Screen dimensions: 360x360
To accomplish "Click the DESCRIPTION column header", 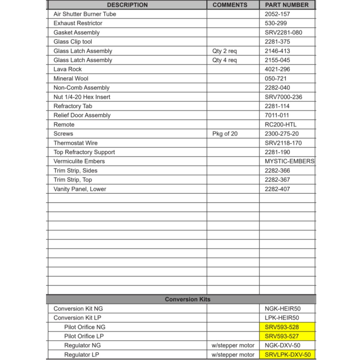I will click(127, 5).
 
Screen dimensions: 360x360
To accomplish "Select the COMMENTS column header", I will click(230, 5).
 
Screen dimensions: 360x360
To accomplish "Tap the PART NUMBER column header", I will click(287, 5).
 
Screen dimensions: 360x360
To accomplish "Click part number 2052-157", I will click(277, 14).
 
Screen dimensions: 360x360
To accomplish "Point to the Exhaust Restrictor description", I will click(78, 23).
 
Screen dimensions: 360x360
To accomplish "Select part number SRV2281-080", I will click(283, 32).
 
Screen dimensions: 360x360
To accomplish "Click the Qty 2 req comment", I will click(225, 51).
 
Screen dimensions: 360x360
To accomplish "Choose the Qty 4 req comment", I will click(225, 60).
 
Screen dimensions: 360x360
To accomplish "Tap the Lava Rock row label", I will click(68, 69).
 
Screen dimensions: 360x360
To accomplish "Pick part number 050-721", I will click(276, 78).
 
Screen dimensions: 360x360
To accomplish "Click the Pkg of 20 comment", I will click(225, 134).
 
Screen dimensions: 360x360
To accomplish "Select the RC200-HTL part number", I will click(280, 125).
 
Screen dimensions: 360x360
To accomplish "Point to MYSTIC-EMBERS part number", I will click(289, 161).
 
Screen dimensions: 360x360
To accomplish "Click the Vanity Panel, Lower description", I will click(80, 189).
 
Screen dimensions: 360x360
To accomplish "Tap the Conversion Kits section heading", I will click(188, 299).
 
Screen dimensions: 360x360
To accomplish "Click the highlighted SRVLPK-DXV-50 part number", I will click(287, 355).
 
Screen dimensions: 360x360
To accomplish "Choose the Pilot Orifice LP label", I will click(85, 336).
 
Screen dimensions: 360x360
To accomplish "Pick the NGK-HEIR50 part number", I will click(283, 309).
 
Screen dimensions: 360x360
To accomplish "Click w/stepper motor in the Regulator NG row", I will click(233, 345).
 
